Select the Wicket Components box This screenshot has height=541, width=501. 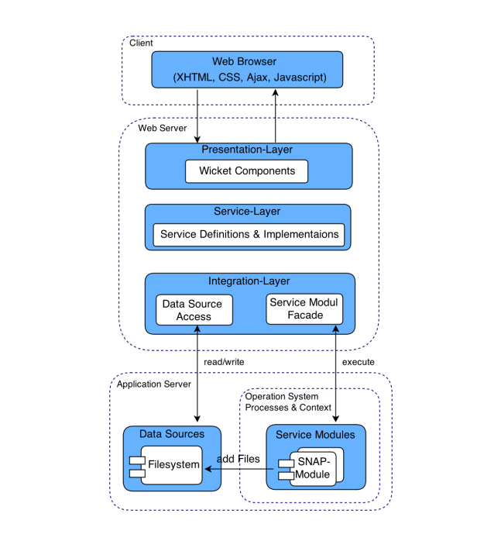(x=246, y=171)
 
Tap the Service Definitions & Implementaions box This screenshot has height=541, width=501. (x=248, y=234)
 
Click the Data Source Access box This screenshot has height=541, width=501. (x=194, y=310)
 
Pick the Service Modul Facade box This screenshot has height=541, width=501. (x=303, y=308)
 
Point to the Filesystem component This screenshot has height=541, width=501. (x=171, y=465)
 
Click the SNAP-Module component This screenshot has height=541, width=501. (x=313, y=468)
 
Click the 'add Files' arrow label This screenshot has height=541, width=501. (x=238, y=459)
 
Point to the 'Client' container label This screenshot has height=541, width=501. (x=142, y=43)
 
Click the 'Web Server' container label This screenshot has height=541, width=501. (x=163, y=127)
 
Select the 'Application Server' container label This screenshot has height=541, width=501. (x=155, y=384)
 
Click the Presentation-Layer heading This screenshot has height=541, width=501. (x=247, y=150)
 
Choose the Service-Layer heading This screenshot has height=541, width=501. (x=247, y=212)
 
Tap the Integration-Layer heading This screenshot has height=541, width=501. (x=249, y=281)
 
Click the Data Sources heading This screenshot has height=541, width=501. (x=171, y=434)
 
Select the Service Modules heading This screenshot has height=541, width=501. (x=315, y=434)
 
